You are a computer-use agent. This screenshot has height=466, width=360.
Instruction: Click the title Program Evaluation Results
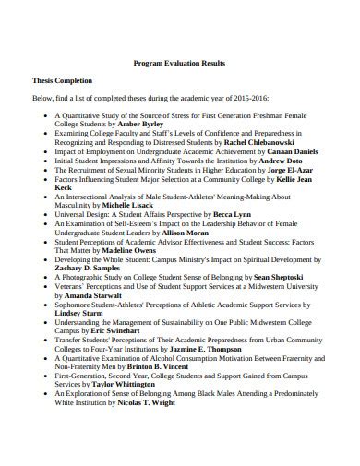coord(180,63)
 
